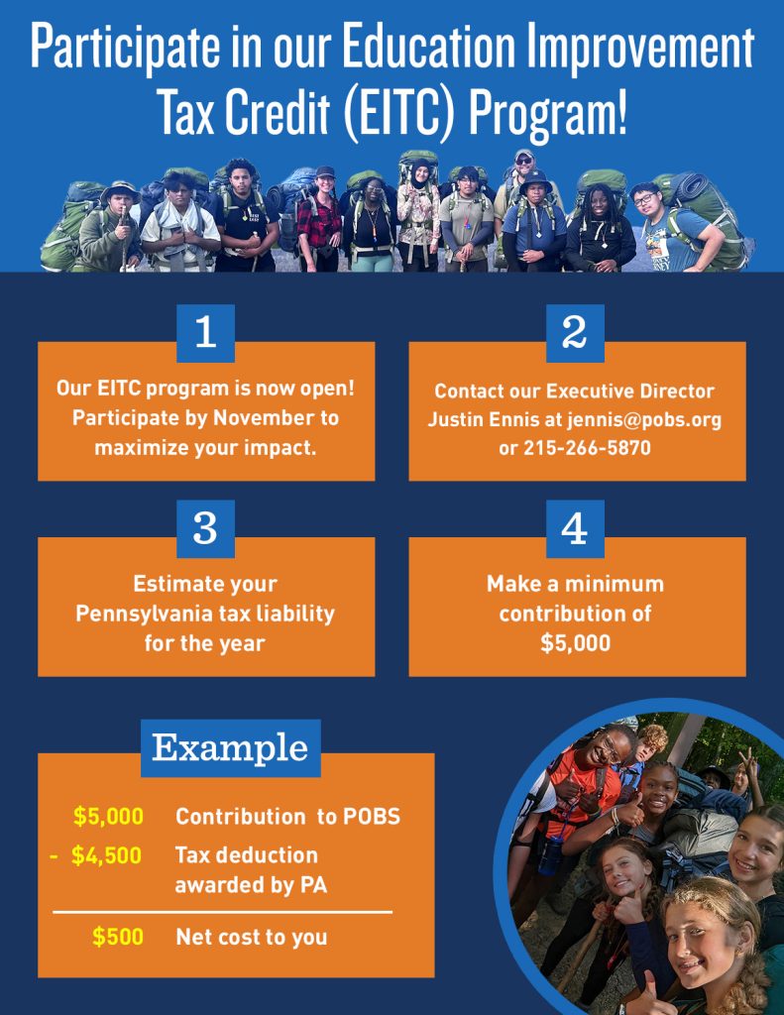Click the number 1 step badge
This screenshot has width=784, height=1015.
click(x=205, y=333)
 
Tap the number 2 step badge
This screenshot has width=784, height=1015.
click(x=575, y=333)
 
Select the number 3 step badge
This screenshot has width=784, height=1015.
click(x=205, y=528)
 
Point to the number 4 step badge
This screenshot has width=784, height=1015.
click(x=575, y=528)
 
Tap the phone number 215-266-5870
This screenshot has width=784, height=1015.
click(x=587, y=448)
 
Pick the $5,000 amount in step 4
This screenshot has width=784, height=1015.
click(x=575, y=642)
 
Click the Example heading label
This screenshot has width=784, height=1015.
click(x=230, y=747)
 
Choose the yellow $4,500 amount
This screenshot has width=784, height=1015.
click(x=106, y=855)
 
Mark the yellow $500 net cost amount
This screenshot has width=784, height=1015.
click(x=118, y=937)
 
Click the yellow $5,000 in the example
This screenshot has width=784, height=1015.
click(x=108, y=817)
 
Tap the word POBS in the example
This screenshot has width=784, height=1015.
click(x=369, y=817)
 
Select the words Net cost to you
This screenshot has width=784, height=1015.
click(x=251, y=937)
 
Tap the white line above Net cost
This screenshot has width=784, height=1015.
click(x=222, y=911)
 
